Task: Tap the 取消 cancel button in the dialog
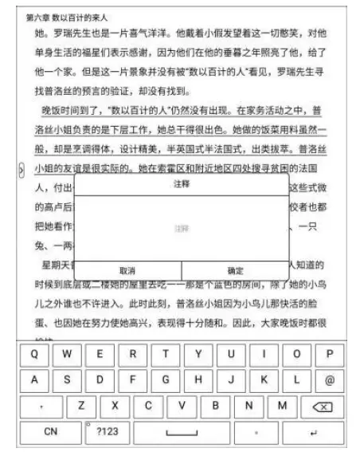point(127,270)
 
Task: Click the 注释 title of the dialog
point(181,184)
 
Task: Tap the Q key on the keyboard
point(33,353)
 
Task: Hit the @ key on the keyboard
point(328,379)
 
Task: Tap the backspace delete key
point(322,407)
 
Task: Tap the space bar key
point(181,432)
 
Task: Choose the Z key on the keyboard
point(81,406)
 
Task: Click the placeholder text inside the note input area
point(181,228)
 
